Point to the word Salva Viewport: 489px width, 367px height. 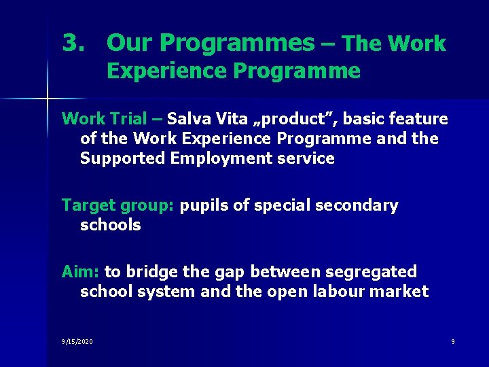tap(188, 119)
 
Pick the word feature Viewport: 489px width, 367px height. tap(418, 119)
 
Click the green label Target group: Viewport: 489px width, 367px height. tap(118, 206)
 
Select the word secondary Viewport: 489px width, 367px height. tap(357, 206)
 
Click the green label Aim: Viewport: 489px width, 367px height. tap(81, 272)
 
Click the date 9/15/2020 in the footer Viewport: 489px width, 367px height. tap(77, 341)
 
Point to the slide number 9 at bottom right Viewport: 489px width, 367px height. tap(452, 341)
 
